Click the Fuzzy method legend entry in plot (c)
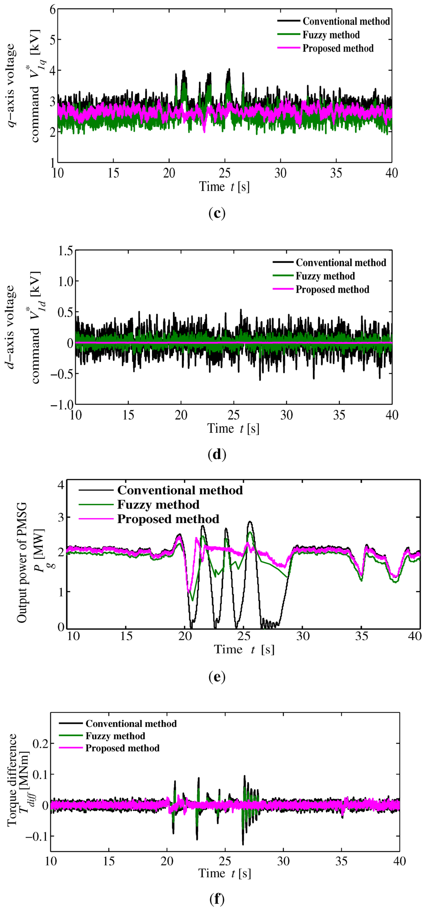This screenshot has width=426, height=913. click(331, 35)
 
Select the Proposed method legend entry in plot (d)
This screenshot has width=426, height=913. click(332, 290)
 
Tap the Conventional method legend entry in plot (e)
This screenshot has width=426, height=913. click(180, 490)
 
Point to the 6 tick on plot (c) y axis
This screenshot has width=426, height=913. click(52, 10)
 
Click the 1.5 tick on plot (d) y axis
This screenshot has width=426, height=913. click(65, 251)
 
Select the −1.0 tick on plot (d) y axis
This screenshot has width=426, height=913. click(62, 404)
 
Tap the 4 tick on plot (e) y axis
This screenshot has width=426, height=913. click(61, 485)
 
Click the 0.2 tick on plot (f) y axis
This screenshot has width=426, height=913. click(40, 743)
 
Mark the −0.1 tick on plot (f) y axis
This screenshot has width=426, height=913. click(37, 836)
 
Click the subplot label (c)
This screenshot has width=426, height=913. click(217, 213)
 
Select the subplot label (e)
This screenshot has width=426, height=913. click(217, 677)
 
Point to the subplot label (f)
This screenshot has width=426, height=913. click(217, 900)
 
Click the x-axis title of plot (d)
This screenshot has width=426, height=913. click(233, 429)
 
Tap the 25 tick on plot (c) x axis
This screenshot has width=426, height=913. click(225, 173)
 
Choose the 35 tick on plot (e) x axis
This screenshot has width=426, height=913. click(362, 636)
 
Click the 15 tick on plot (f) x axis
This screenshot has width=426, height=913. click(109, 861)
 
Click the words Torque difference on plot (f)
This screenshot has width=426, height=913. click(12, 780)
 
